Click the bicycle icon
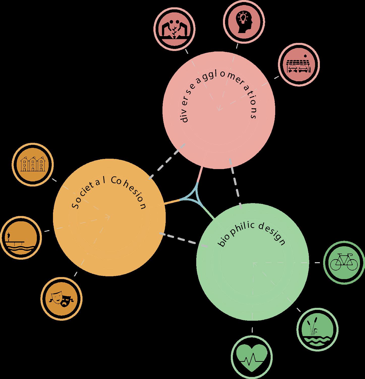coord(344,263)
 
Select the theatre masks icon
coord(62,299)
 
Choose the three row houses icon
coord(33,164)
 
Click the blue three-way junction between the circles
coord(194,197)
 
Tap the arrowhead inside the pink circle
coord(219,109)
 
